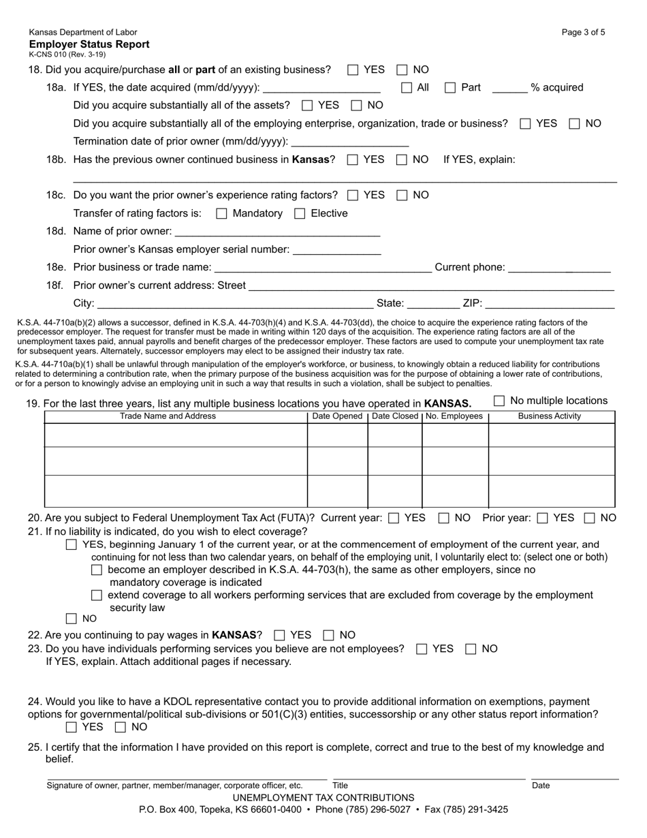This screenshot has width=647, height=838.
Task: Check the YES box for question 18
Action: [353, 69]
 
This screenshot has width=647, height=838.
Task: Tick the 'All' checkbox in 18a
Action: [407, 87]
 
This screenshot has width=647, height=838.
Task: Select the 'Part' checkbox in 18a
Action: [450, 87]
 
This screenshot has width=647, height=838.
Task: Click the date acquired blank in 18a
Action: [321, 88]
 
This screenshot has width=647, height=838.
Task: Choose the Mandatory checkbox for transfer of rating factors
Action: [221, 213]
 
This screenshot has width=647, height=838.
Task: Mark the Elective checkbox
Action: [300, 213]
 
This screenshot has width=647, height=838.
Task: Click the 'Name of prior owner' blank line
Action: [277, 232]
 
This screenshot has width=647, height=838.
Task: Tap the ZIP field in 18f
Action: [550, 303]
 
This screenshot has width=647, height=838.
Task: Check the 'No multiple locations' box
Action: [499, 401]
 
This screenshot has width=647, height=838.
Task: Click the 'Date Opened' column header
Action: [337, 416]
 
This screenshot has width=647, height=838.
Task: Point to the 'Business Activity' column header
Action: [550, 416]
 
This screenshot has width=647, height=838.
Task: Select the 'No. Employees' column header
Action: [454, 416]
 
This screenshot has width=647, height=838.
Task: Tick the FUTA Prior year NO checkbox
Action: [590, 518]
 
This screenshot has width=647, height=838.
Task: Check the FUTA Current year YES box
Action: [394, 518]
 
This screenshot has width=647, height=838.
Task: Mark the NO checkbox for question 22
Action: [329, 635]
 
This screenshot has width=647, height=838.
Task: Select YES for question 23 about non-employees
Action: [422, 649]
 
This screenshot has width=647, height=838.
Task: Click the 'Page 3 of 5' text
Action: [583, 32]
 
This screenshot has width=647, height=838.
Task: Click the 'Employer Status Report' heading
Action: [89, 44]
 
